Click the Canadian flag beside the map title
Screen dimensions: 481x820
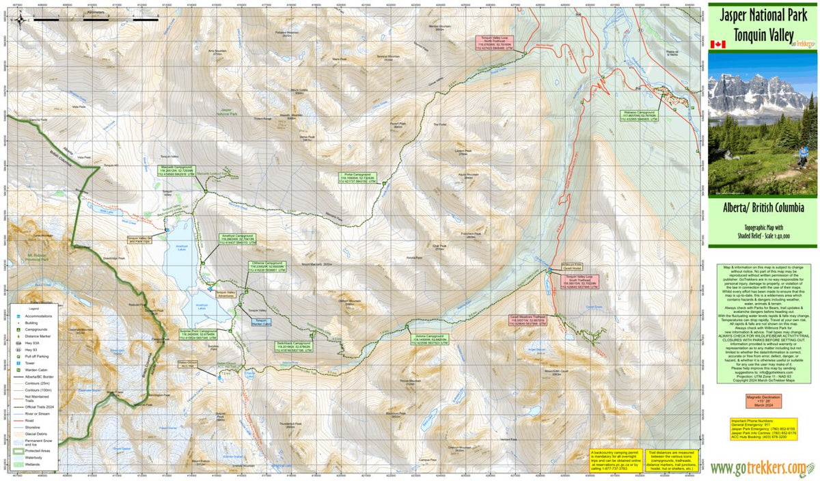[717, 44]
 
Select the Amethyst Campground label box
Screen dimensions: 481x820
[237, 239]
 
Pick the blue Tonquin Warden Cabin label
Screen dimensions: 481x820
[260, 321]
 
